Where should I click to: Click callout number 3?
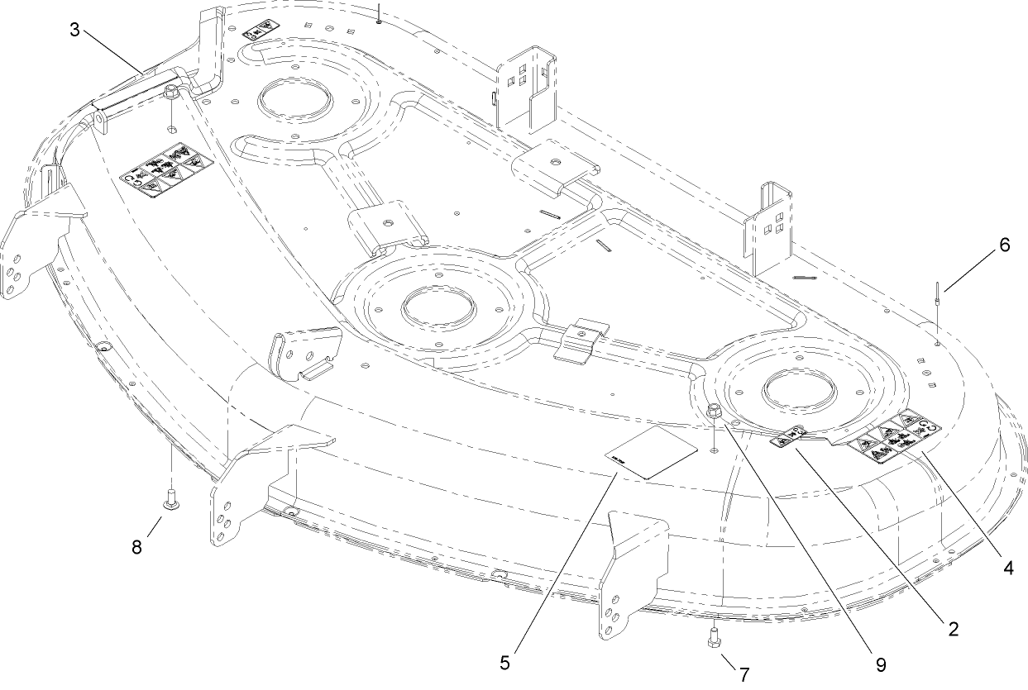74,31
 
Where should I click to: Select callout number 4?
1009,569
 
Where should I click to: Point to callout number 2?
954,629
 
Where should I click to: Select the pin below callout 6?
935,296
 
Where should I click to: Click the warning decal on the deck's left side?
165,169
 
